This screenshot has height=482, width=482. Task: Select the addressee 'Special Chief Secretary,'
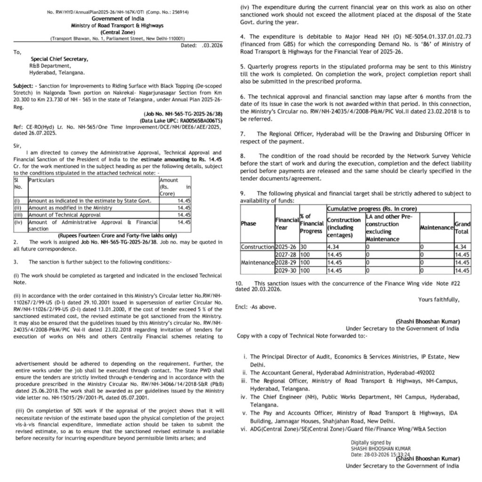click(59, 59)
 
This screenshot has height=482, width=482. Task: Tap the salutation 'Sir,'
click(17, 146)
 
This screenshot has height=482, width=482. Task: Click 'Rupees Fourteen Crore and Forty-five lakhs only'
click(117, 235)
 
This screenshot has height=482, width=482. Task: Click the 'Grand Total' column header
click(462, 228)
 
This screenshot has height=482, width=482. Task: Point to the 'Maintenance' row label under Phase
click(257, 262)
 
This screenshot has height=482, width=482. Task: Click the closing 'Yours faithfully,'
click(439, 299)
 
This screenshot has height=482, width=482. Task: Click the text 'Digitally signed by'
click(370, 442)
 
